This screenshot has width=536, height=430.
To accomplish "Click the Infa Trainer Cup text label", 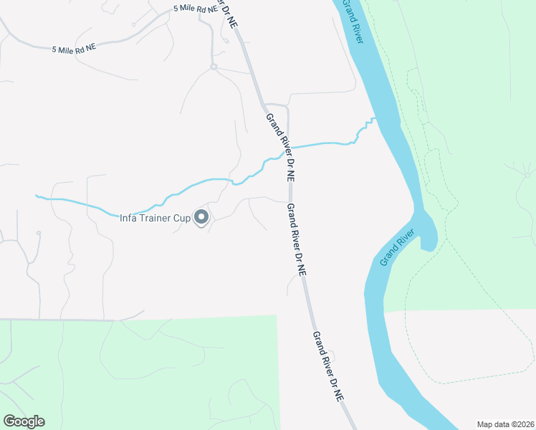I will [155, 218].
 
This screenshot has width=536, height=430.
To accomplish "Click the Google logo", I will [24, 421].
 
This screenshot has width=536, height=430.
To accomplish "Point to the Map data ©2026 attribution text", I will [504, 424].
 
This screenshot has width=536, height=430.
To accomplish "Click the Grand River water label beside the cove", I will [398, 247].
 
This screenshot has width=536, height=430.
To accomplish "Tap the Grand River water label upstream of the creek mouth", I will [353, 21].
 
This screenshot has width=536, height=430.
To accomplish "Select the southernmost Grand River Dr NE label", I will [328, 375].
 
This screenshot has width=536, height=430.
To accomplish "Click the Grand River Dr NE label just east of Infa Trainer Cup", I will [296, 239].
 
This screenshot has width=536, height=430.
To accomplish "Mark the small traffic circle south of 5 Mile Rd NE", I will [214, 67].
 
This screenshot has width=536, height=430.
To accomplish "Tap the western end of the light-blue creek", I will [37, 195].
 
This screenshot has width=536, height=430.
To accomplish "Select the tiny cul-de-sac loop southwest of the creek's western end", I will [38, 233].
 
